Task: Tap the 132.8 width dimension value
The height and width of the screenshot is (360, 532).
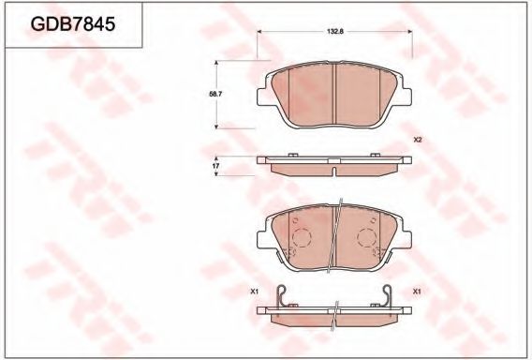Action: point(334,32)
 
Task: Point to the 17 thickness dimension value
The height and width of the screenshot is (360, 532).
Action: point(216,165)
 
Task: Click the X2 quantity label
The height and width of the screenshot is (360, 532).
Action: point(418,141)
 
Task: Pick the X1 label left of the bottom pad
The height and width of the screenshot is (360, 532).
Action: point(254,292)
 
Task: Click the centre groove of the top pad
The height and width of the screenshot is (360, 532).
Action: point(334,94)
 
